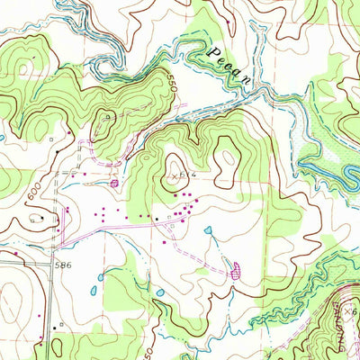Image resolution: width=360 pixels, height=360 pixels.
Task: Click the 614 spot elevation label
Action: point(186,176)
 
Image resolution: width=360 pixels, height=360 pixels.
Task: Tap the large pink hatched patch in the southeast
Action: point(237,269)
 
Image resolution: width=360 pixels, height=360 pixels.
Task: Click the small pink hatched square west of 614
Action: point(114,184)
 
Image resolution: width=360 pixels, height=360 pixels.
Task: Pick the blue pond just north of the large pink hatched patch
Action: point(209,230)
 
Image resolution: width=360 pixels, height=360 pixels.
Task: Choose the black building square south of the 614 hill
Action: point(158,218)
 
